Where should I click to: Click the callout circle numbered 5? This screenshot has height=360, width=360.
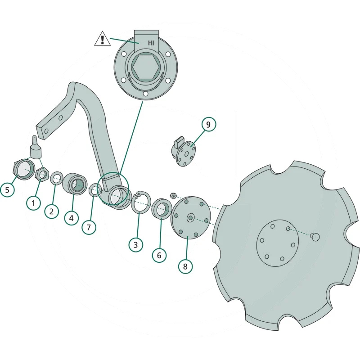pos(7,189)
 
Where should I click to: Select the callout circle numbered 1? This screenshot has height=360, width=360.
pos(33,203)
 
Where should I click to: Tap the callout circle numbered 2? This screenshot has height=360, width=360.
pos(51,211)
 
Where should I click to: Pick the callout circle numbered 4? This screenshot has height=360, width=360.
pos(72,218)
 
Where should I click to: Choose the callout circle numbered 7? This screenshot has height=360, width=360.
pos(89,227)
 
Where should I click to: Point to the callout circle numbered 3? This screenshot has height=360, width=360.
pos(136,245)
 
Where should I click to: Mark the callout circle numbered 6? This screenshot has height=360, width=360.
pos(159,255)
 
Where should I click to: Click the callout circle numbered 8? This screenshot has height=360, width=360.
pos(185,266)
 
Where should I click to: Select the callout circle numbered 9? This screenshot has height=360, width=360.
pos(208,125)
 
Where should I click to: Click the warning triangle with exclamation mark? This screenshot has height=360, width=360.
pos(103,39)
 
